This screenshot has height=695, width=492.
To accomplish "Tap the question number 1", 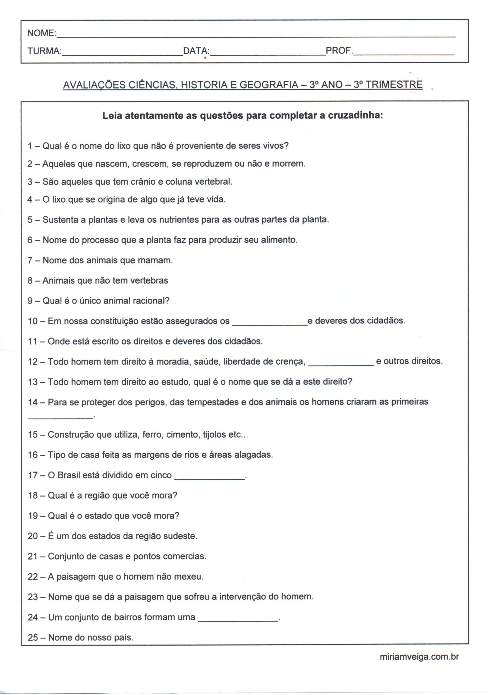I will click(30, 146).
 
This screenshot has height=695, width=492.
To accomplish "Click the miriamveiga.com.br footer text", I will click(419, 657).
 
